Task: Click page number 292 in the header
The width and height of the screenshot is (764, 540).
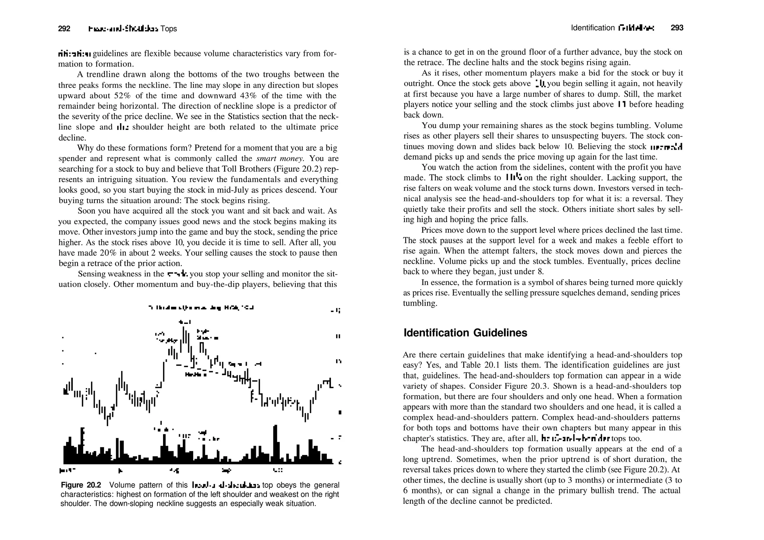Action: (64, 29)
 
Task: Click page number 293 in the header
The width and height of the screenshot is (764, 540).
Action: (677, 28)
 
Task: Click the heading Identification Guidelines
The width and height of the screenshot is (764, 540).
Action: (465, 333)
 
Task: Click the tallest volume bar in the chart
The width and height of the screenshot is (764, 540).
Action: (275, 444)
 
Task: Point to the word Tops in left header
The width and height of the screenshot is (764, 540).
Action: (169, 29)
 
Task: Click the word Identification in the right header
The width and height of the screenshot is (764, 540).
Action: (592, 28)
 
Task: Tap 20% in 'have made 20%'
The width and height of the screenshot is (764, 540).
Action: (109, 253)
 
